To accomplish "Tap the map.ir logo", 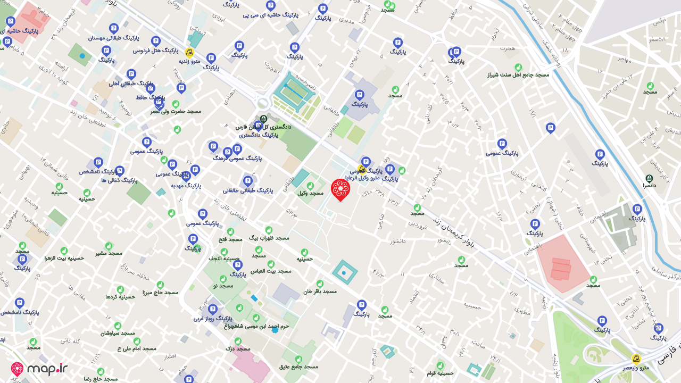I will click(x=39, y=369).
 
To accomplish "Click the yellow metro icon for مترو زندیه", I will click(x=189, y=52).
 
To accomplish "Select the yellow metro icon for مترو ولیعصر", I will click(x=636, y=359).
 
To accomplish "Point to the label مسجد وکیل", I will click(x=310, y=193).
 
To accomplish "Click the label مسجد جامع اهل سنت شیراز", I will click(x=518, y=74).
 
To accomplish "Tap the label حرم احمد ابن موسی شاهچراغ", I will click(x=256, y=326).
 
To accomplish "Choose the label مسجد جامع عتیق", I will click(x=298, y=366).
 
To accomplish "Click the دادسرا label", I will click(x=649, y=186).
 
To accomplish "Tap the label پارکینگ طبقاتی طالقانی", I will click(x=248, y=190).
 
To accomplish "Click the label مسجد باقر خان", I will click(x=320, y=291).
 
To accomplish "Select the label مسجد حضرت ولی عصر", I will click(x=176, y=111).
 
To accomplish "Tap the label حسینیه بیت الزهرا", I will click(x=64, y=257).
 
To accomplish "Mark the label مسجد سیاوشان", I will click(x=118, y=333).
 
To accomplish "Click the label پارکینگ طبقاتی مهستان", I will click(x=113, y=38).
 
